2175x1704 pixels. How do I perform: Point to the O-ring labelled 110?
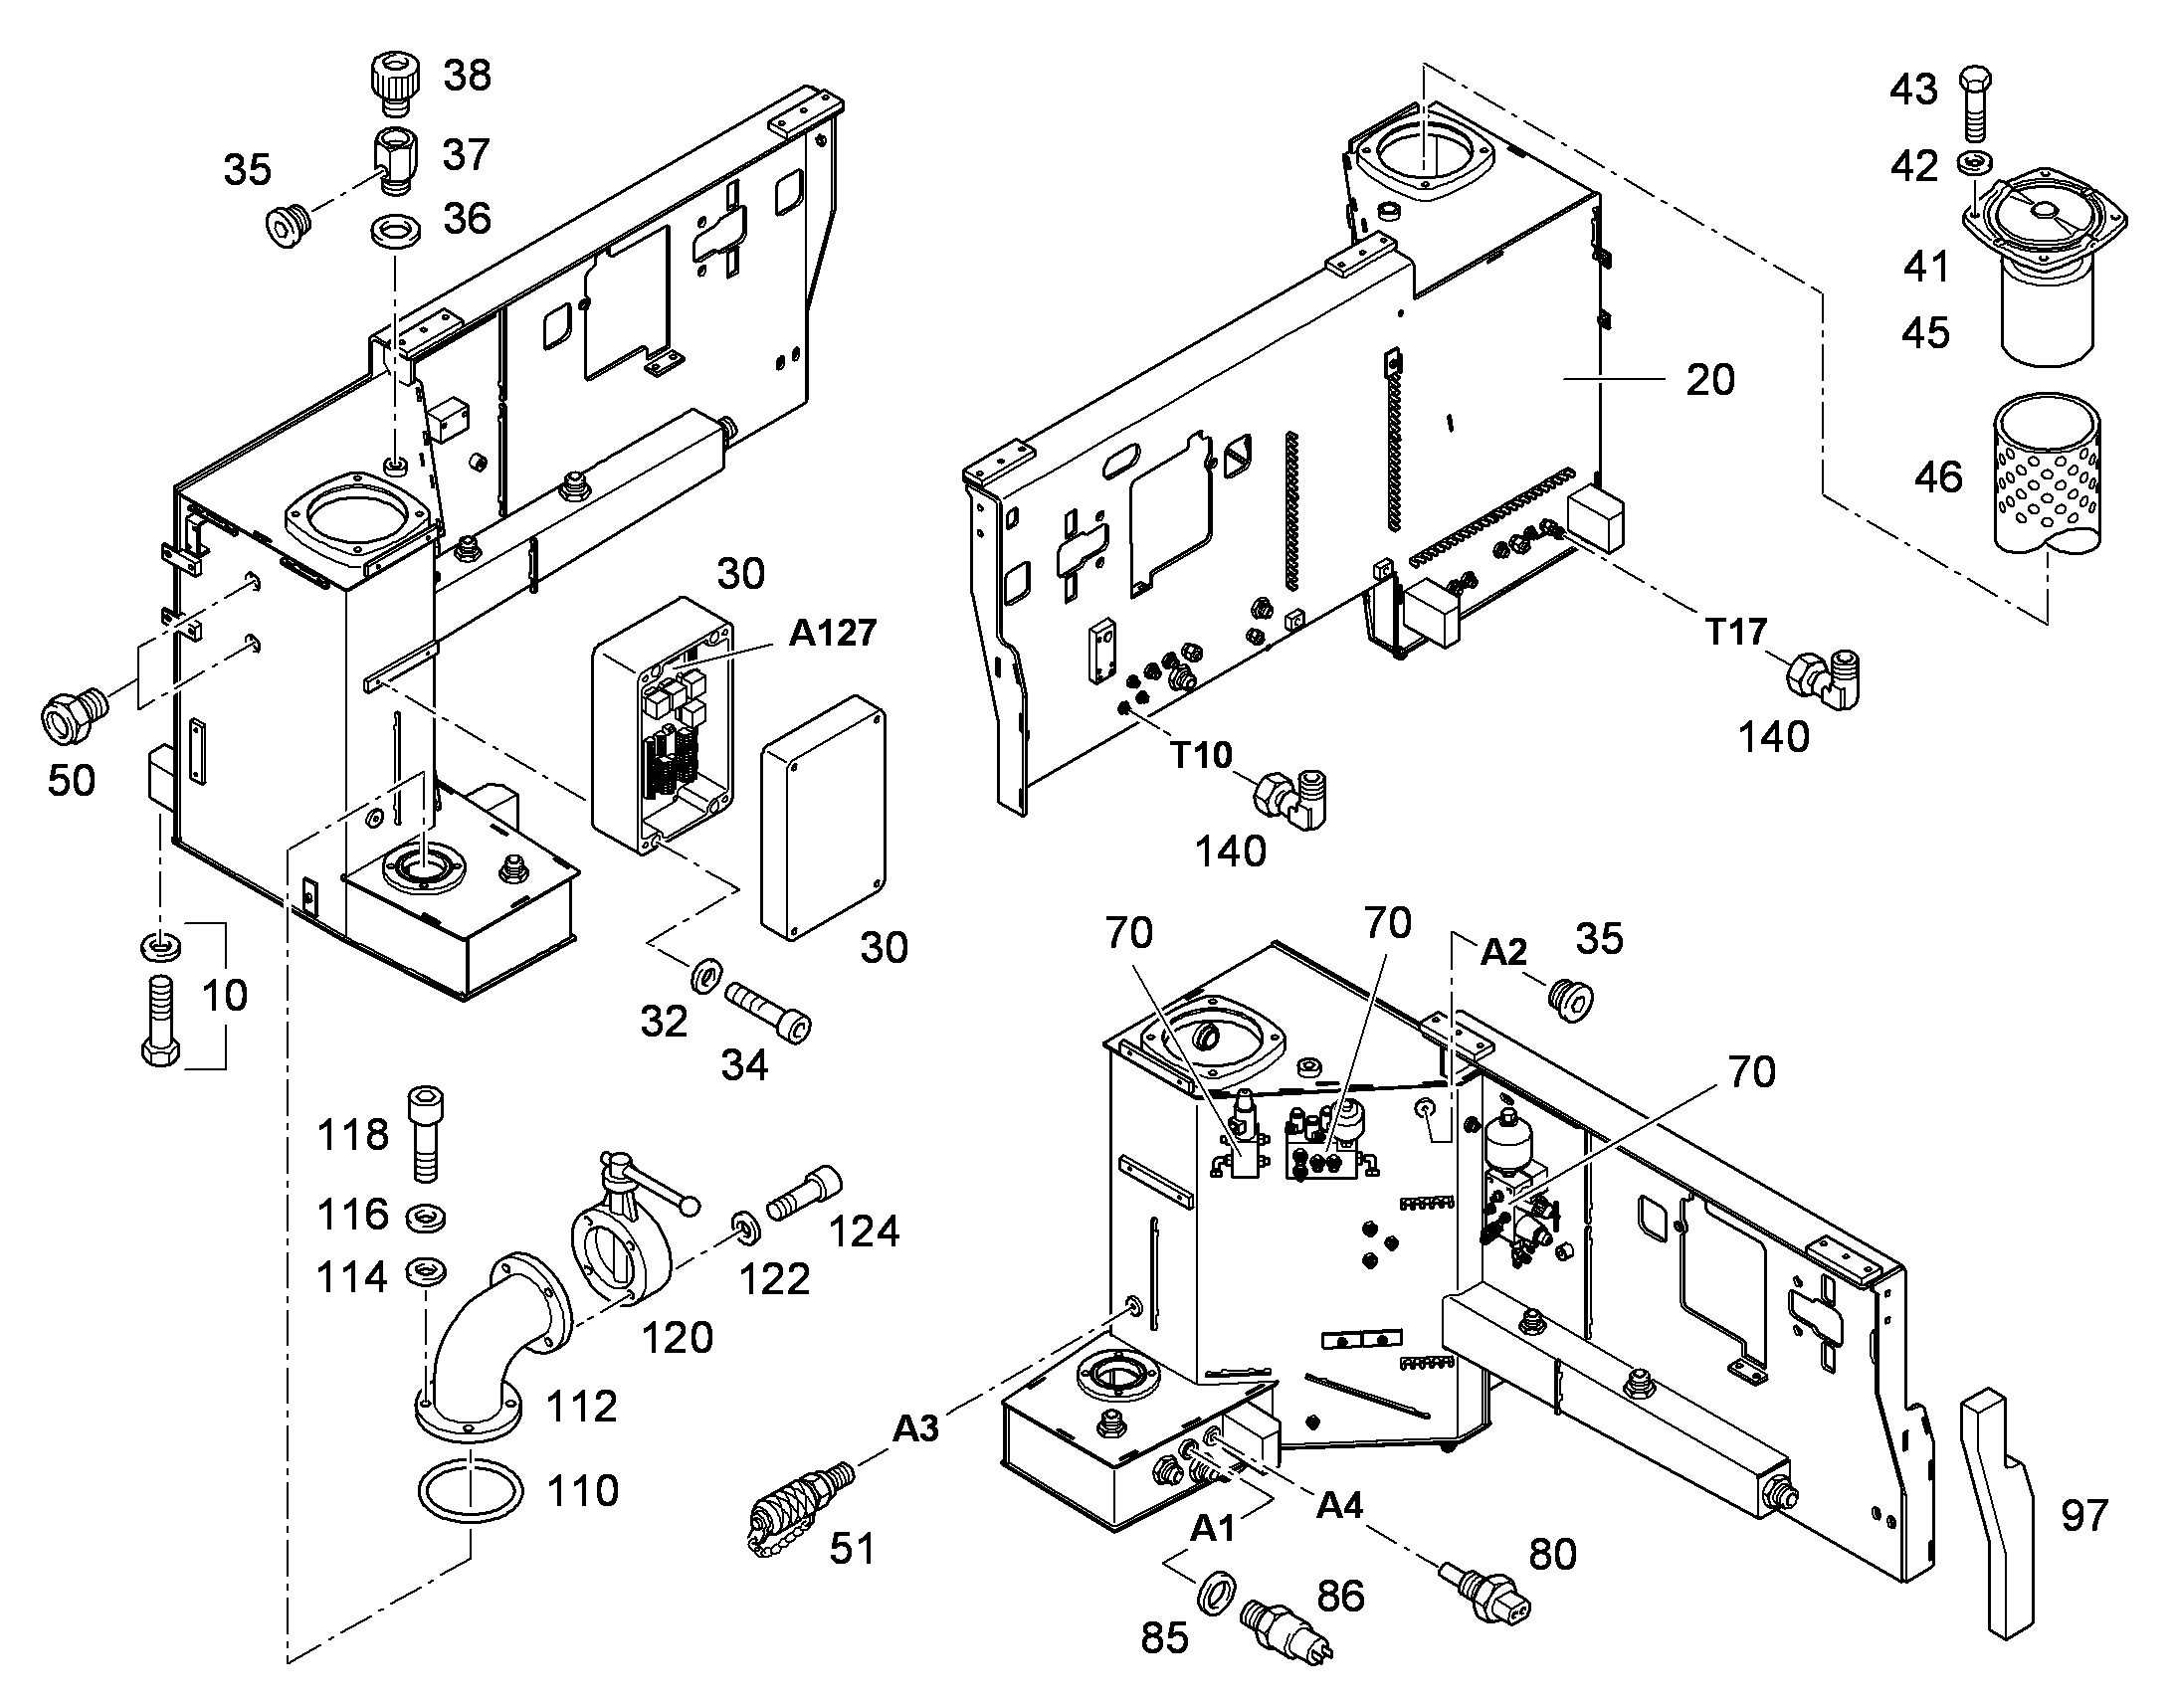pyautogui.click(x=470, y=1490)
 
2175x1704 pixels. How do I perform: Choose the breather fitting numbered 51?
pyautogui.click(x=797, y=1506)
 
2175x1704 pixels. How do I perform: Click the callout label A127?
pyautogui.click(x=833, y=633)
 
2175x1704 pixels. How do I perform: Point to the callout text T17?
pyautogui.click(x=1735, y=631)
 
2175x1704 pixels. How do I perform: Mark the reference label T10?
pyautogui.click(x=1200, y=754)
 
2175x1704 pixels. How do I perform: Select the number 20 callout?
pyautogui.click(x=1710, y=380)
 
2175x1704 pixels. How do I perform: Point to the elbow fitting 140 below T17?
pyautogui.click(x=1823, y=678)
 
